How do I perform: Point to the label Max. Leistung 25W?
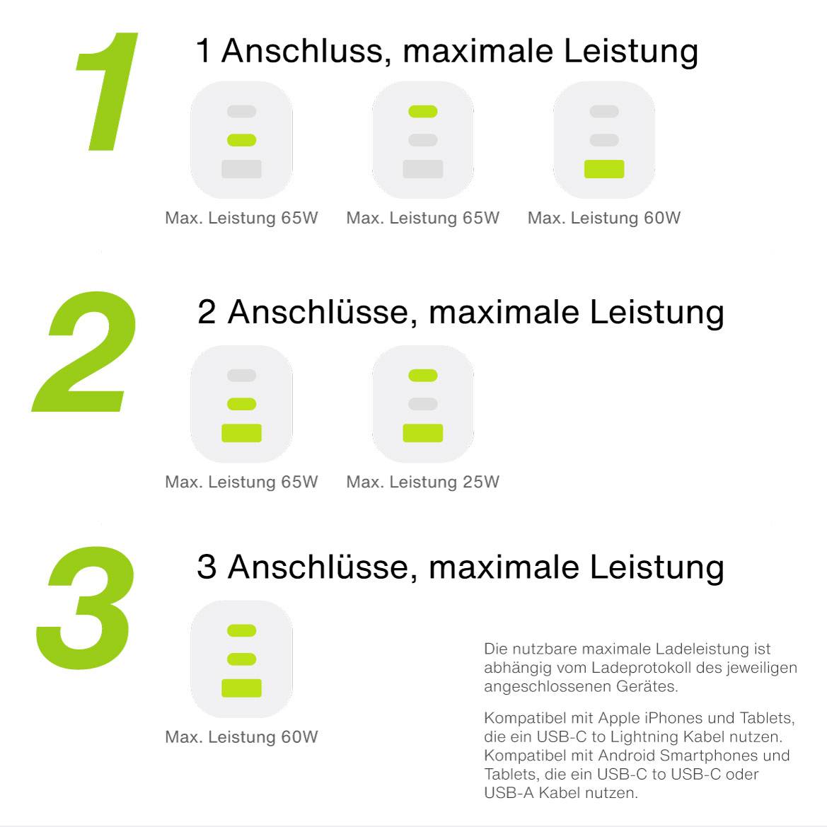point(422,482)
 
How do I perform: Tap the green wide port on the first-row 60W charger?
point(604,169)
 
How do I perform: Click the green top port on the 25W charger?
point(423,376)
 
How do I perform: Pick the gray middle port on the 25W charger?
point(423,404)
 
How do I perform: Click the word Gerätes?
point(647,686)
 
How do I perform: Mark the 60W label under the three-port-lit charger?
point(241,736)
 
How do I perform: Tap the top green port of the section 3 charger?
point(242,630)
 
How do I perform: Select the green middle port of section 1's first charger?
point(242,140)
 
